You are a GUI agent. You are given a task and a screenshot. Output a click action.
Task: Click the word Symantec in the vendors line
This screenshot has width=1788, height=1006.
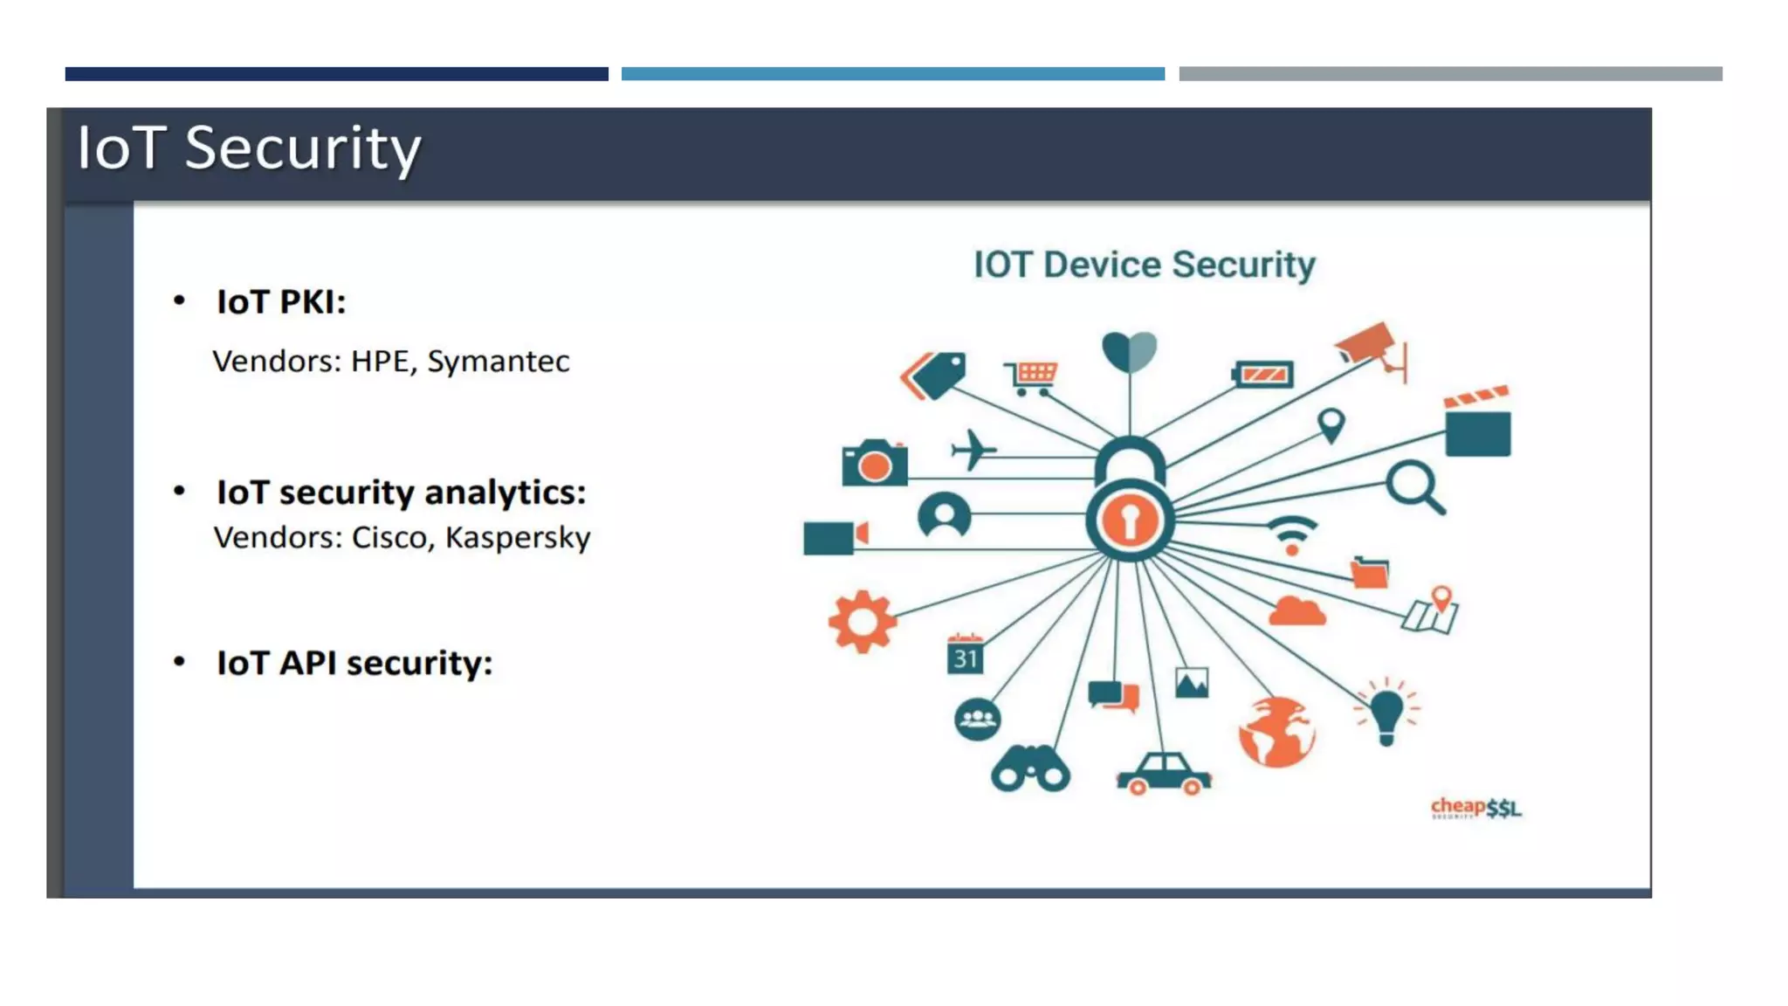click(498, 362)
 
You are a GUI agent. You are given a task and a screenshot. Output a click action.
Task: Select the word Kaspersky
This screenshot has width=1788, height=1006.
click(518, 538)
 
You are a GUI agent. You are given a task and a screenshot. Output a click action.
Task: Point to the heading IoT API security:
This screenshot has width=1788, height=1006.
click(354, 663)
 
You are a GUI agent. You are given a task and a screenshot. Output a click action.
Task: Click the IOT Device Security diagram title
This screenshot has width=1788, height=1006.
click(1144, 265)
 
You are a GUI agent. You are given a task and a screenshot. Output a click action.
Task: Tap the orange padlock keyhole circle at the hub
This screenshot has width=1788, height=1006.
click(1130, 520)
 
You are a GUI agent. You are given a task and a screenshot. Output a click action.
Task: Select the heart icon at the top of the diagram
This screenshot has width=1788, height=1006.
click(1130, 351)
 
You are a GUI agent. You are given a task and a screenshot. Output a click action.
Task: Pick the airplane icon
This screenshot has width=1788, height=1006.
click(973, 451)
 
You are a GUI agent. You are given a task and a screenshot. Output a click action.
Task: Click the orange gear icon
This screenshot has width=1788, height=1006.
click(862, 622)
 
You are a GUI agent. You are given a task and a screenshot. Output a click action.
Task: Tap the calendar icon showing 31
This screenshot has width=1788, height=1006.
click(965, 655)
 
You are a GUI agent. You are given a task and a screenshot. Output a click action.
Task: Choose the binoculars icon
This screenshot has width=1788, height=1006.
click(1030, 768)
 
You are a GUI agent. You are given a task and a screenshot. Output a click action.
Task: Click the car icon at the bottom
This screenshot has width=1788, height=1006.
click(1164, 774)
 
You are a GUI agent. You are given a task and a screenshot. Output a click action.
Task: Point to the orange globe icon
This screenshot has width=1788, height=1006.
click(1276, 732)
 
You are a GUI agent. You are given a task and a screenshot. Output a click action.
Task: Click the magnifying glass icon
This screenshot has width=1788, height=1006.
click(1414, 487)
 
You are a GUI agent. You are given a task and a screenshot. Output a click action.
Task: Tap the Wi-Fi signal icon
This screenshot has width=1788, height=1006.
click(1292, 534)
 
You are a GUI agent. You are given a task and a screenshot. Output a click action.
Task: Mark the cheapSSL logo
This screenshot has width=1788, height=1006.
click(1475, 808)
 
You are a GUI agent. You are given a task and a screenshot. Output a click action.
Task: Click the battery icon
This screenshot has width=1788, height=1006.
click(1262, 375)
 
